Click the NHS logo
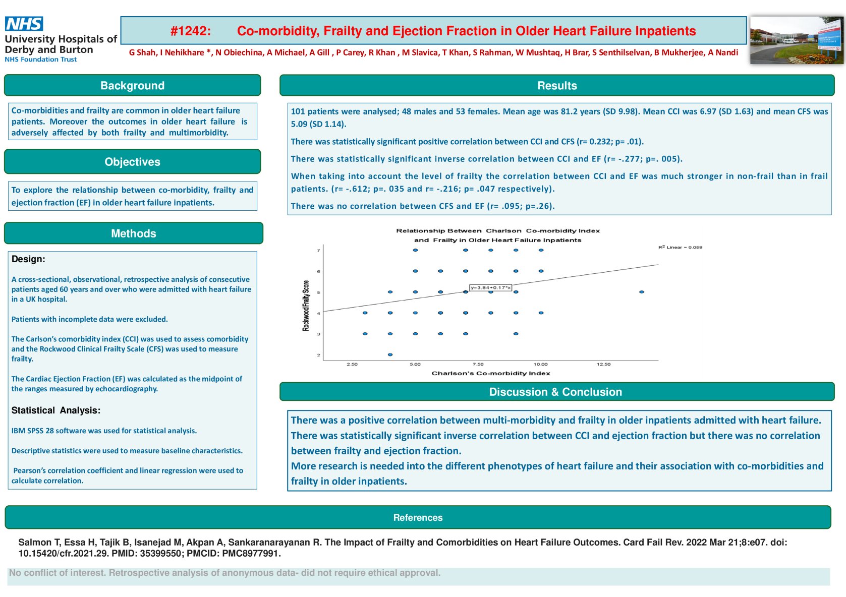tap(24, 24)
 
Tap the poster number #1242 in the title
tap(190, 31)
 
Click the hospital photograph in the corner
tap(796, 40)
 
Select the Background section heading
tap(132, 86)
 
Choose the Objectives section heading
tap(132, 162)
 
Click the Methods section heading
tap(133, 233)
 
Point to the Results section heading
tap(556, 86)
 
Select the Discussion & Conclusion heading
tap(555, 392)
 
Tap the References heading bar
tap(418, 517)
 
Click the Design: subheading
tap(28, 259)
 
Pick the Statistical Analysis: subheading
tap(56, 410)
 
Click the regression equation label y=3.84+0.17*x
tap(490, 288)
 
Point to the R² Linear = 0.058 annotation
tap(680, 248)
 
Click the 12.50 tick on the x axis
tap(603, 364)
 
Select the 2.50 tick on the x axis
tap(352, 364)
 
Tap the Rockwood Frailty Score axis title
tap(306, 306)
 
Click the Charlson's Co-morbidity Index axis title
tap(490, 374)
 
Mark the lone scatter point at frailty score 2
tap(390, 355)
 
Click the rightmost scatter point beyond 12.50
tap(641, 292)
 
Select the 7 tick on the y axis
tap(318, 251)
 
